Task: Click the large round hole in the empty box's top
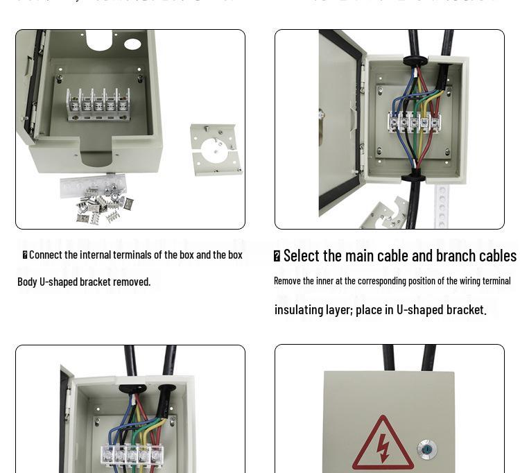coord(99,40)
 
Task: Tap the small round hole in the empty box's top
coord(132,44)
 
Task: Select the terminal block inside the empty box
coord(98,103)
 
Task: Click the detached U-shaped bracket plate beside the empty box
coord(216,148)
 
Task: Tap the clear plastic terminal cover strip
coord(92,185)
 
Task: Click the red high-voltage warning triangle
coord(383,445)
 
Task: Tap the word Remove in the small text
coord(289,281)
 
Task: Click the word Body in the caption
coord(27,282)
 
